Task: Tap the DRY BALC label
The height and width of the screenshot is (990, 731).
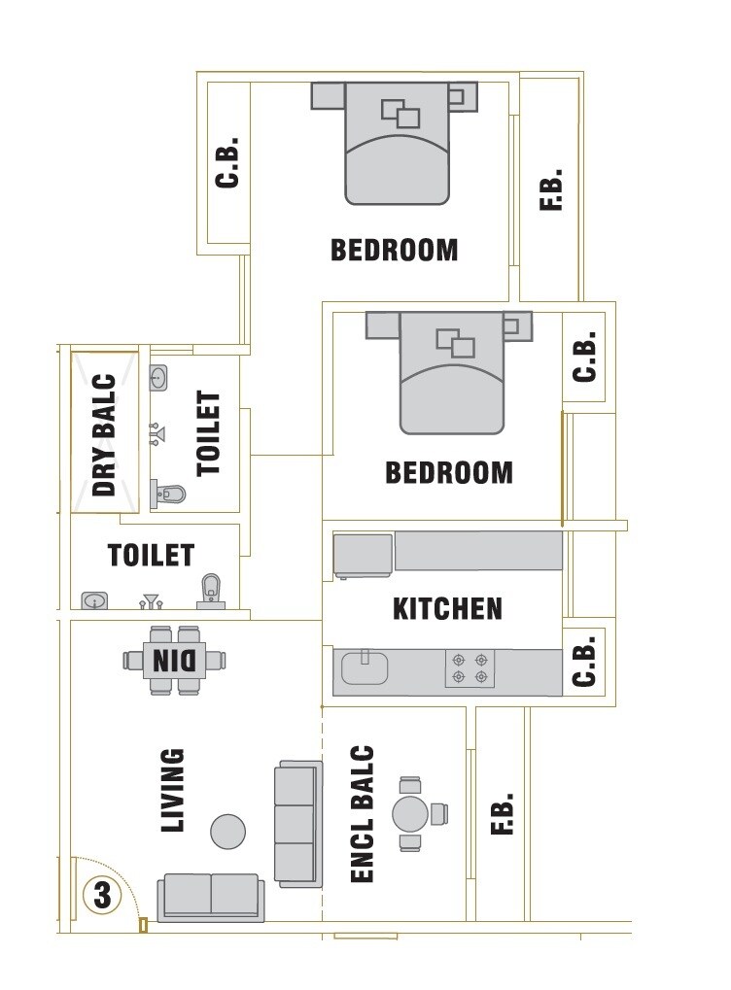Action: click(104, 436)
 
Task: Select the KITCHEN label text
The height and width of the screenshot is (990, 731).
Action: click(447, 609)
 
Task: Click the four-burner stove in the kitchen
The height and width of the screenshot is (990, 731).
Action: click(470, 668)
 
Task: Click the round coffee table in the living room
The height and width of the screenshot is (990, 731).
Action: click(228, 832)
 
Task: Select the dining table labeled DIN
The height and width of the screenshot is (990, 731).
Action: click(175, 661)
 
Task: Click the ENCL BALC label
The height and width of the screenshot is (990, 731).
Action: click(362, 814)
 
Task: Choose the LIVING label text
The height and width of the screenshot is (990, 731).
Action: click(172, 790)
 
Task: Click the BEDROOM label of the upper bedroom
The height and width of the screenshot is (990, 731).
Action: click(394, 250)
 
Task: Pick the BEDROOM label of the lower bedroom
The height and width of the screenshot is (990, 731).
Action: click(448, 472)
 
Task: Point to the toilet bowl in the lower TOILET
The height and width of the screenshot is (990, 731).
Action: click(211, 589)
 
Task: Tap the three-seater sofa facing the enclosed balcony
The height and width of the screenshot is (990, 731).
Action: click(296, 824)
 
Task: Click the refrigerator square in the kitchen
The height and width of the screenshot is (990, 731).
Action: click(363, 554)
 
